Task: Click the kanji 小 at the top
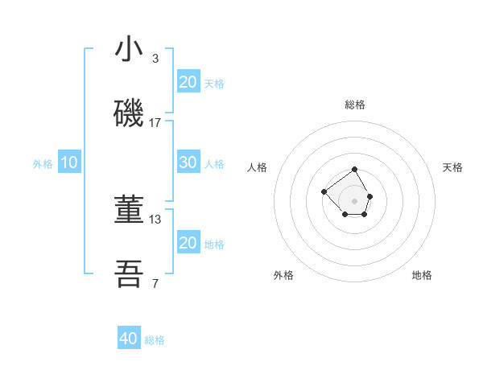[x=129, y=50]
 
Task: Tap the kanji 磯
[x=129, y=114]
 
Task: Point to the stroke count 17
[x=155, y=123]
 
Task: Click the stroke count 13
[x=155, y=219]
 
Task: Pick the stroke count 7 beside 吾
[x=155, y=284]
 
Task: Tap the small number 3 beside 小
[x=155, y=59]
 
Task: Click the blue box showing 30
[x=188, y=162]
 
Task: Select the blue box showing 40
[x=129, y=339]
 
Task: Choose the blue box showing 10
[x=69, y=162]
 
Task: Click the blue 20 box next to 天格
[x=188, y=82]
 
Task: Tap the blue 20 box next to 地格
[x=188, y=243]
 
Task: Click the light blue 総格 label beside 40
[x=155, y=340]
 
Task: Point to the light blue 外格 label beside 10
[x=43, y=164]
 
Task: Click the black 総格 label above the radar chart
[x=355, y=105]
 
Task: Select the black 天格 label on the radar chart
[x=452, y=167]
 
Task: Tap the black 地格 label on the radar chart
[x=422, y=275]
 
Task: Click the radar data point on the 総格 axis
[x=354, y=170]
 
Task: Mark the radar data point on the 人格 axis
[x=324, y=191]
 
